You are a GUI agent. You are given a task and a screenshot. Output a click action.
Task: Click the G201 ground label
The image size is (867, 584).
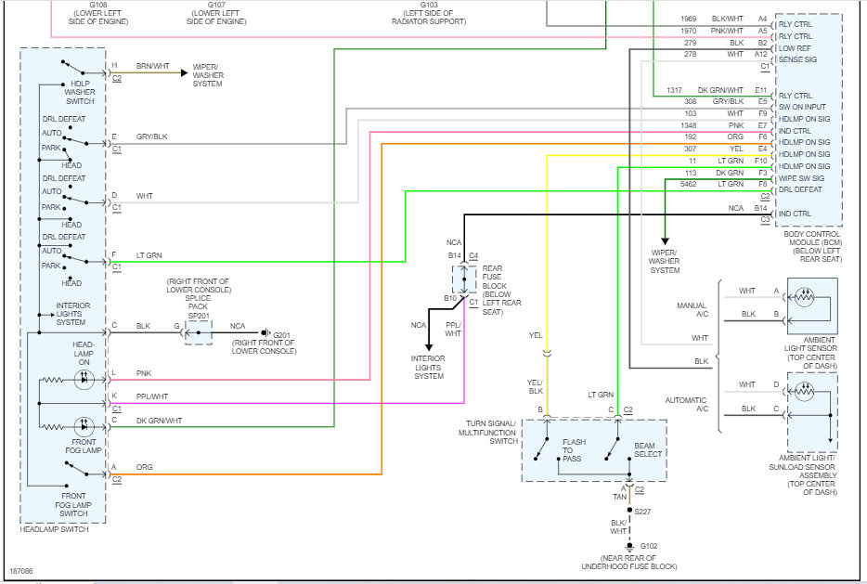(281, 335)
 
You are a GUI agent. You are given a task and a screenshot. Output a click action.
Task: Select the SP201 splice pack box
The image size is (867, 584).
(199, 333)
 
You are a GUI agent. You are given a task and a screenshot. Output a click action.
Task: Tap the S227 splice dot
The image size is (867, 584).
(629, 510)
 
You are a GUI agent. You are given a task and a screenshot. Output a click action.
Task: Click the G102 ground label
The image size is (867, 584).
(649, 546)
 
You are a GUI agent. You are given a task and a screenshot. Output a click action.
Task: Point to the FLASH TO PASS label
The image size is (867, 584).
(574, 450)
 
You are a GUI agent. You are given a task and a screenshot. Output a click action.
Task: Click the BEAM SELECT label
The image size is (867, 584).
(648, 449)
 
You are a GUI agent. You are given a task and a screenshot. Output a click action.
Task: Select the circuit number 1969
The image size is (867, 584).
(689, 19)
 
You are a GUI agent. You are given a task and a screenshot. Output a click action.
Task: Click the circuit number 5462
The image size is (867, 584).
(689, 184)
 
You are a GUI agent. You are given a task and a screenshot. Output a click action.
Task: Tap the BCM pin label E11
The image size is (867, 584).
(761, 90)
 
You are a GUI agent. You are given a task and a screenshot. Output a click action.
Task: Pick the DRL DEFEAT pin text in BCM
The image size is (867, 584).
(800, 189)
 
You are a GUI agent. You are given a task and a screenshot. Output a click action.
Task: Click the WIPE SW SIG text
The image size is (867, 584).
(801, 178)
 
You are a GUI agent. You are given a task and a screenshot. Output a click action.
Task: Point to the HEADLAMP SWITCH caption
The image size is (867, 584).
(54, 529)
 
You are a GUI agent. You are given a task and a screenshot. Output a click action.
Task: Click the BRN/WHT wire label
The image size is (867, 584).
(152, 66)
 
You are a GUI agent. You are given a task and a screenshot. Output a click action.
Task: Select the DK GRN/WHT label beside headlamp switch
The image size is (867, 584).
(159, 421)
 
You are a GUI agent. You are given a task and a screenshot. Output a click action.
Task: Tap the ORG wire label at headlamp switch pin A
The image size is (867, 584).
(144, 467)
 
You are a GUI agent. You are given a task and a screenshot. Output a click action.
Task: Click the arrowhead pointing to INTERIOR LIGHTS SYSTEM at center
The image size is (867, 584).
(429, 346)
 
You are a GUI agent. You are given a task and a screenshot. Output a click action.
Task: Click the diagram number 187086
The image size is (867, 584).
(21, 571)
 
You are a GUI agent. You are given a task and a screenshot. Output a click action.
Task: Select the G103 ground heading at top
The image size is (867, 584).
(429, 5)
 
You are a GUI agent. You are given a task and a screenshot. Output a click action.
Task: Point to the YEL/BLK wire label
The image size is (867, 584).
(536, 386)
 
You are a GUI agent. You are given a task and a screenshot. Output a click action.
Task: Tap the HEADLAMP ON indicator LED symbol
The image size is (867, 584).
(84, 380)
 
